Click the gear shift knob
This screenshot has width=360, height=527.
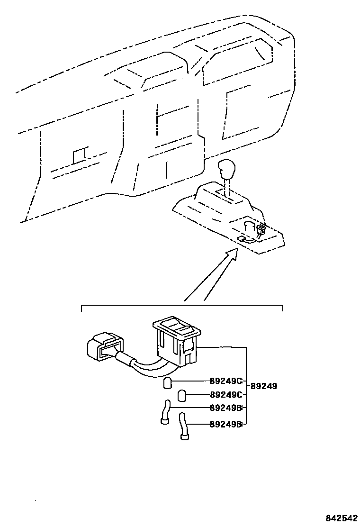pyautogui.click(x=226, y=169)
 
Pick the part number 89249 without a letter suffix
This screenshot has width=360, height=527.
pyautogui.click(x=263, y=386)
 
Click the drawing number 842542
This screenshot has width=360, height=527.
pyautogui.click(x=339, y=518)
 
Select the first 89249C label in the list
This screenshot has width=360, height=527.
pyautogui.click(x=225, y=381)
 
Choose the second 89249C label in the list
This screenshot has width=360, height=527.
pyautogui.click(x=225, y=394)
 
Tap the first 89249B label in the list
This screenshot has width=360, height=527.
pyautogui.click(x=225, y=408)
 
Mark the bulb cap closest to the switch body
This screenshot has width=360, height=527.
pyautogui.click(x=168, y=382)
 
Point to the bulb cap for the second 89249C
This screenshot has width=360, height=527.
pyautogui.click(x=182, y=395)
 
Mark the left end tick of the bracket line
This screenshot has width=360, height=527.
pyautogui.click(x=82, y=309)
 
